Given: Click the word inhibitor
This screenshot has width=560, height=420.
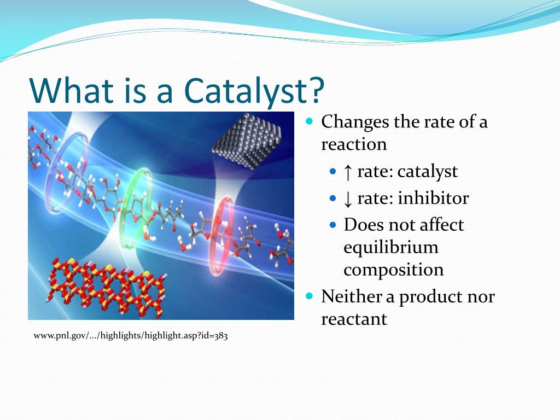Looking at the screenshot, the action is (433, 198).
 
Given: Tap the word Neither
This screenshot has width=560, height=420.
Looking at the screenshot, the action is (352, 296).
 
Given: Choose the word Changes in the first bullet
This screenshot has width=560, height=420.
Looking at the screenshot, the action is (355, 122).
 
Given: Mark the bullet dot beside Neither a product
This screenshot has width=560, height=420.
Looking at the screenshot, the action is (310, 296).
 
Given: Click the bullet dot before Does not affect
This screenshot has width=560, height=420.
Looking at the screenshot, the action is (333, 225).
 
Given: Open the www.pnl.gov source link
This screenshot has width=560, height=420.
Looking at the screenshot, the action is (131, 336).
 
